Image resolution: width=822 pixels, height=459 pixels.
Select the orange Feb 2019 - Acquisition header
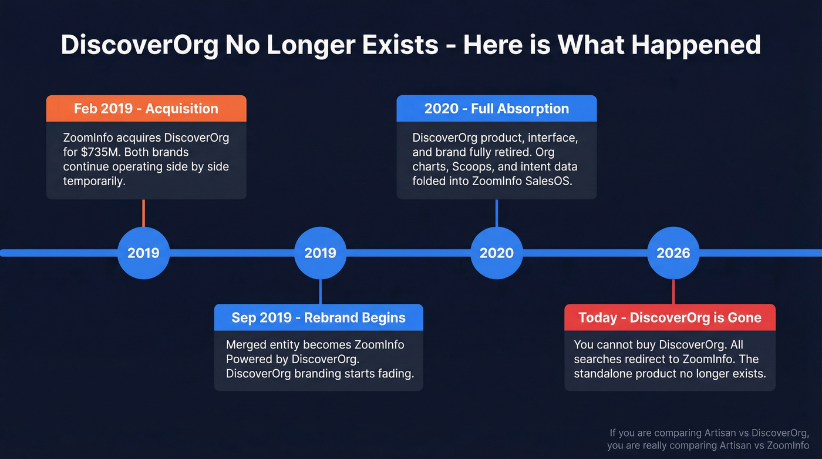[x=146, y=109]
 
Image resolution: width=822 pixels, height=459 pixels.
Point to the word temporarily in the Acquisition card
[x=94, y=181]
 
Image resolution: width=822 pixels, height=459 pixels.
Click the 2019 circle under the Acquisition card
[x=143, y=253]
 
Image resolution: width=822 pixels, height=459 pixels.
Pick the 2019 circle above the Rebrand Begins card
[x=320, y=253]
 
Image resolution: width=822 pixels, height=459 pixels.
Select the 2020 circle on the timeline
[x=496, y=253]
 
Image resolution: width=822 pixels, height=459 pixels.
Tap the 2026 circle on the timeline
[x=673, y=253]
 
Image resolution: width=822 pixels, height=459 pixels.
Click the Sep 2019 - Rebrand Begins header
[x=318, y=317]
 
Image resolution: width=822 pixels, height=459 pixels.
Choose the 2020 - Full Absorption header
[x=496, y=109]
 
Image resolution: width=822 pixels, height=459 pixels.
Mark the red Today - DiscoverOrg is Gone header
[x=669, y=317]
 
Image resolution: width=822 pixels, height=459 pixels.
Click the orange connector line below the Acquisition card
[x=143, y=213]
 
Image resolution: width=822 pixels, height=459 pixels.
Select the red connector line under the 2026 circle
[x=673, y=292]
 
